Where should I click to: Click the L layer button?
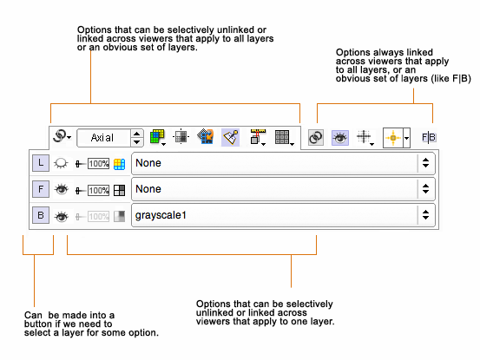(x=41, y=163)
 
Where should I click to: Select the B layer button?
(x=41, y=215)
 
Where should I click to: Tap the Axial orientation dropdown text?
(x=102, y=138)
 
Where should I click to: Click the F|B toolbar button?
(x=429, y=137)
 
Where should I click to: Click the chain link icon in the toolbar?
(x=316, y=137)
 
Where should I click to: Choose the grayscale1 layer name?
(x=161, y=216)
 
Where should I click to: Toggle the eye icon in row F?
(x=62, y=190)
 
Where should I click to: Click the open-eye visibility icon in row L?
(x=61, y=163)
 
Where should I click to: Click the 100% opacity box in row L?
(x=99, y=164)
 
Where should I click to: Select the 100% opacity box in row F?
(x=99, y=190)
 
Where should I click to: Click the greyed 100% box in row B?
(x=99, y=217)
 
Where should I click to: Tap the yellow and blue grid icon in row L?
(x=120, y=164)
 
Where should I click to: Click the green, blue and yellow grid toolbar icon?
(x=158, y=137)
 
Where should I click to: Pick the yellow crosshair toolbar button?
(x=393, y=138)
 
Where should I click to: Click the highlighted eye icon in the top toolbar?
(x=340, y=138)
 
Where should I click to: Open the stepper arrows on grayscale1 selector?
(x=426, y=215)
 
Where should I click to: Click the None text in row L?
(x=148, y=163)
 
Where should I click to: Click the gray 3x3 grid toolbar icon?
(x=282, y=137)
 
